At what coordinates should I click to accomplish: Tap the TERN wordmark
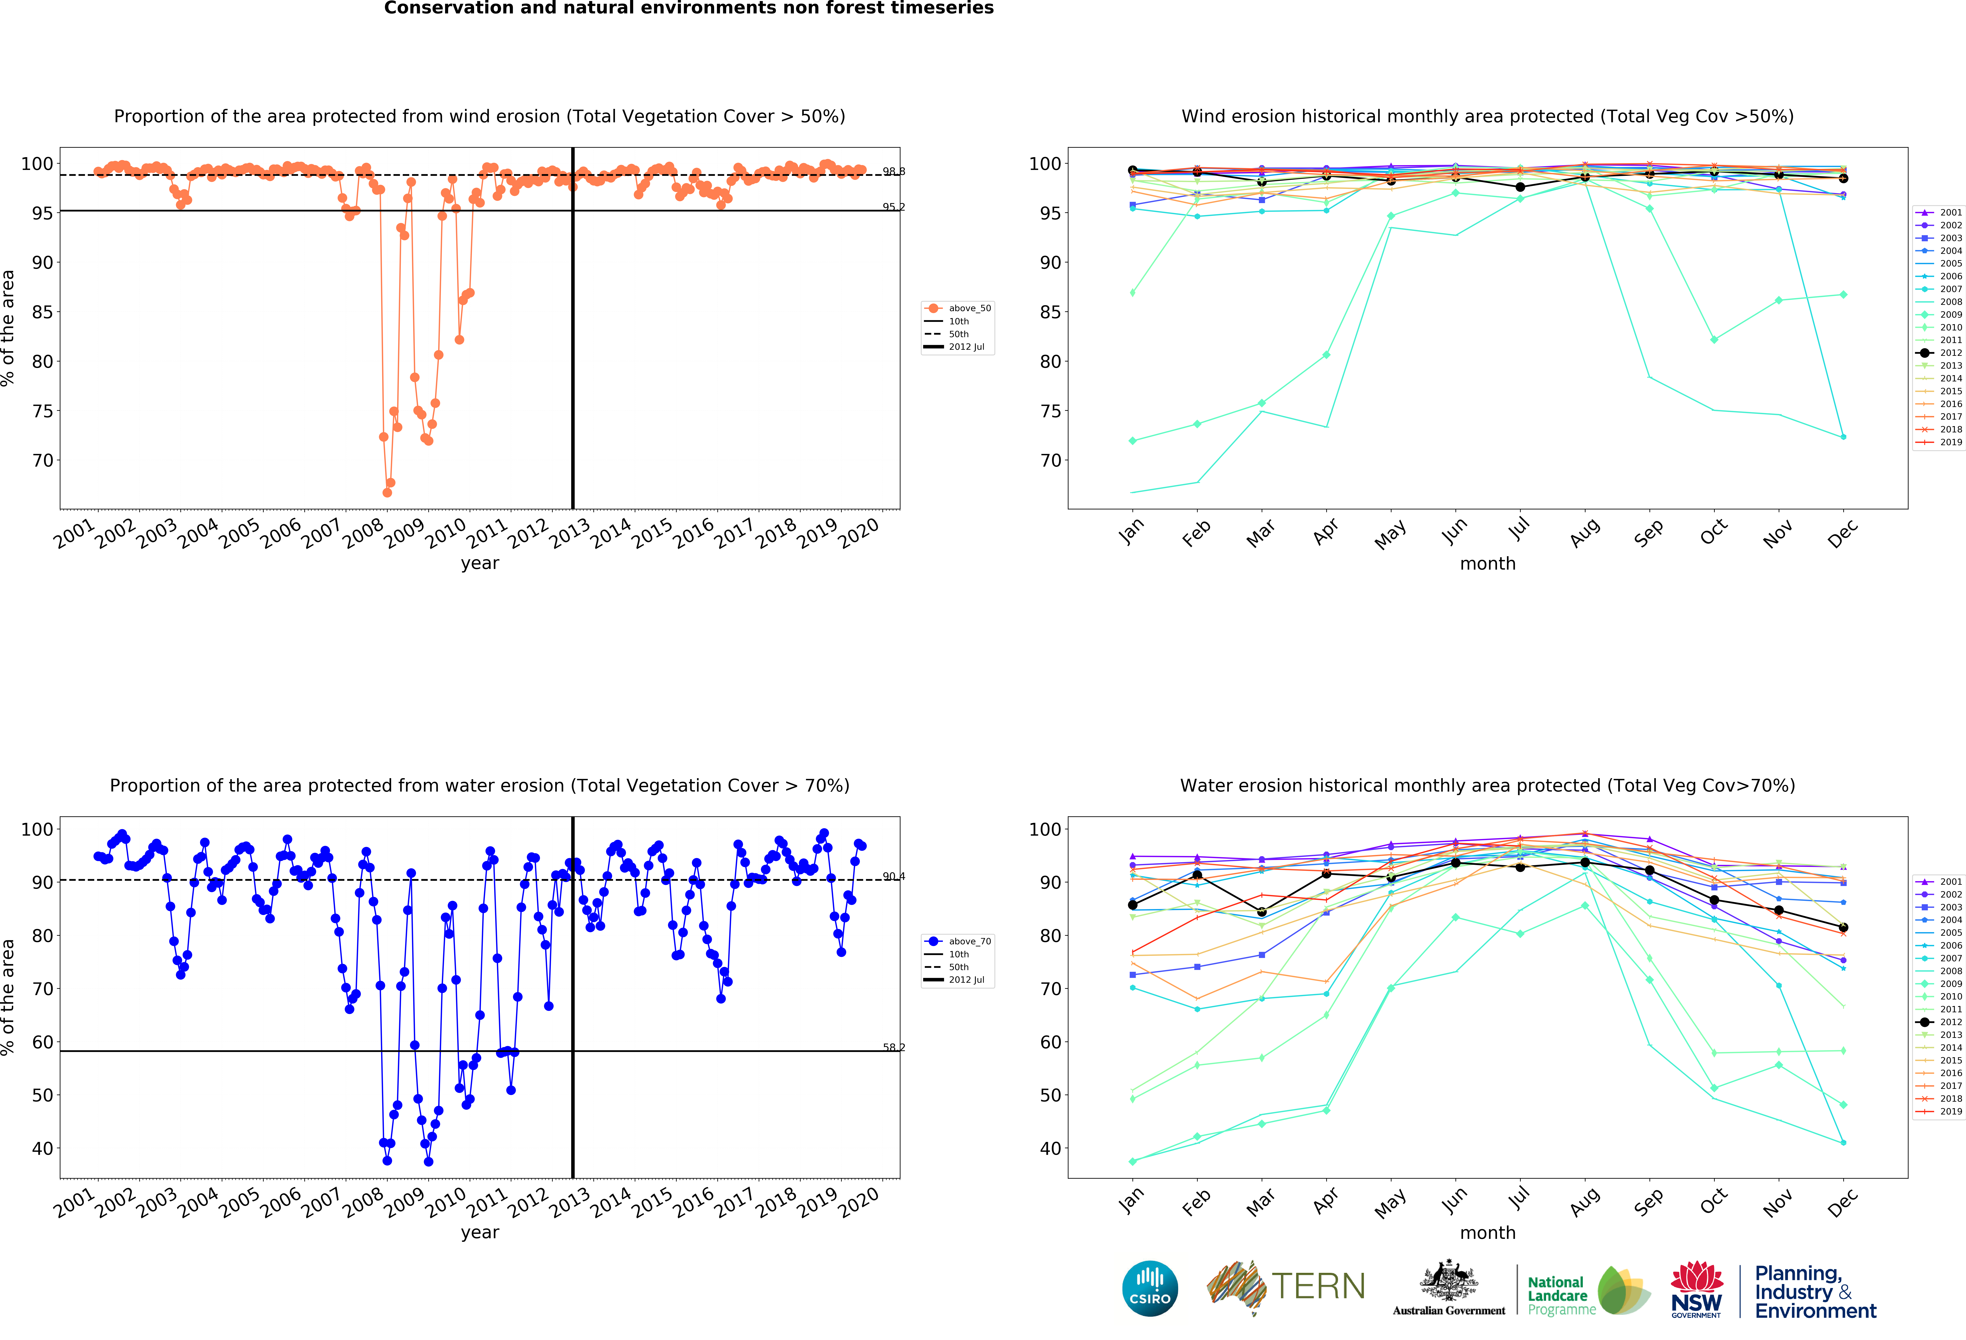pos(1318,1287)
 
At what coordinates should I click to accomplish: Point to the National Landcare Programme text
pos(1557,1295)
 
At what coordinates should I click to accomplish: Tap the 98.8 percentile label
pos(893,172)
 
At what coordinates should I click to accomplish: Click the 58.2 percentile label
pos(893,1047)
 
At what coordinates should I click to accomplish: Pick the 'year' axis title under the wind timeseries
pos(480,563)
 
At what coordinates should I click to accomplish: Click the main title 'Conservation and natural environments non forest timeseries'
pos(689,8)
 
